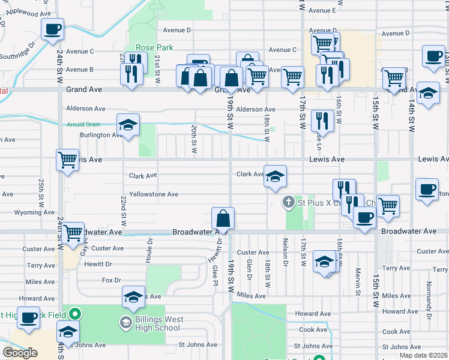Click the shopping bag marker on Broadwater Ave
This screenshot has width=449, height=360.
[x=223, y=218]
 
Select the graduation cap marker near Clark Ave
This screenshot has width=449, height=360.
[x=275, y=176]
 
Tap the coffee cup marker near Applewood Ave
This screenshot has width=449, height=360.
[x=53, y=29]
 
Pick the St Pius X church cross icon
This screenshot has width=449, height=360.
[x=288, y=203]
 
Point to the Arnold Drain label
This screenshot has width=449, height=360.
[x=84, y=125]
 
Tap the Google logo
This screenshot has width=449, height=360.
[x=20, y=353]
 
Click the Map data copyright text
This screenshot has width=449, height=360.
[x=424, y=355]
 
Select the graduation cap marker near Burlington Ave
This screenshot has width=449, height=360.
[x=127, y=125]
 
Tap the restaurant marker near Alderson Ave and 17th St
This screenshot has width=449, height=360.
[x=322, y=120]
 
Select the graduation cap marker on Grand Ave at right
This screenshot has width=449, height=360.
[x=428, y=94]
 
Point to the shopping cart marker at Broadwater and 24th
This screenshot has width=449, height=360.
[x=73, y=232]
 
